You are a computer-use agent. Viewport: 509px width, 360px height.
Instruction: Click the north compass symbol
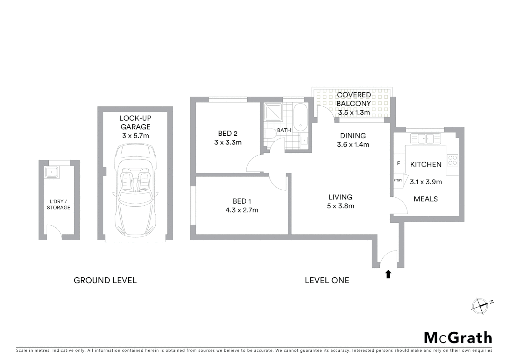(480, 306)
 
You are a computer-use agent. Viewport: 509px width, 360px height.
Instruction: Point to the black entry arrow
(388, 274)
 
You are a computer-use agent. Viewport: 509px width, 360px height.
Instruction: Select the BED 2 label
(228, 134)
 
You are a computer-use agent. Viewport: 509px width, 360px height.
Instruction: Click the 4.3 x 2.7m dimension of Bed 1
(242, 210)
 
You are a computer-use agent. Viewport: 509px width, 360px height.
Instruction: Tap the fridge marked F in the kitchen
(399, 164)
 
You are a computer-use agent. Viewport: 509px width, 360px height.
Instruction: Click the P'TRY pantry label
(398, 181)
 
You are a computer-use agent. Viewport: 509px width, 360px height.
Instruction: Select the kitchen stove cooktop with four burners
(452, 160)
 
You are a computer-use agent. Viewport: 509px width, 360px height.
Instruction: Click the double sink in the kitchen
(425, 138)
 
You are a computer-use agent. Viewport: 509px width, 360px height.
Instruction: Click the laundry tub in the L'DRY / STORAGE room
(52, 172)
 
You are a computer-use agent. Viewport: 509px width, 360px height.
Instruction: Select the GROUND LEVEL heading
(105, 280)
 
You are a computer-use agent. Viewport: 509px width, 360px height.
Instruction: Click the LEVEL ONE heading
(327, 280)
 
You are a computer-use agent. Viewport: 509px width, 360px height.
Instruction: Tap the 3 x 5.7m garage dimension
(135, 136)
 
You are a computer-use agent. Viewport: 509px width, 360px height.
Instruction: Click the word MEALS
(425, 199)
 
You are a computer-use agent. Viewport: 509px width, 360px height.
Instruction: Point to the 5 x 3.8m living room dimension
(340, 206)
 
